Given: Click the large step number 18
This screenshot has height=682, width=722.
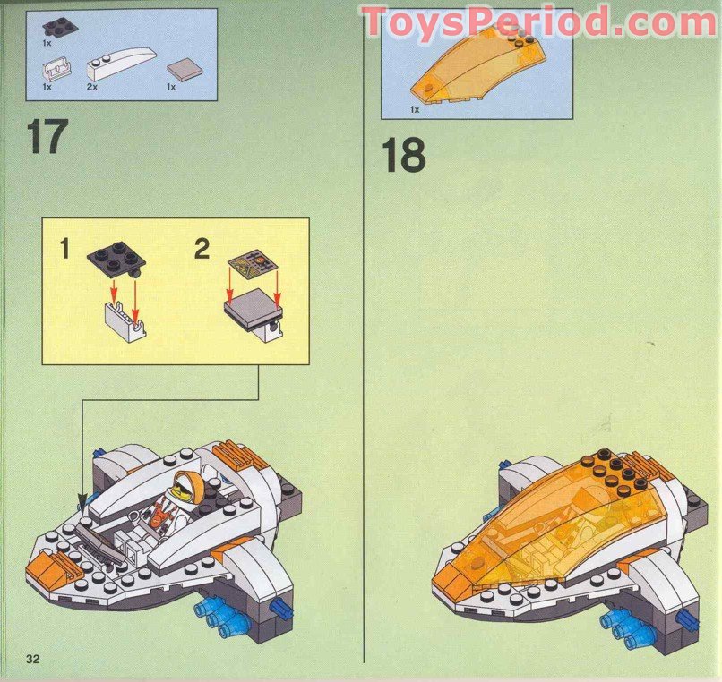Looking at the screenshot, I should tap(403, 155).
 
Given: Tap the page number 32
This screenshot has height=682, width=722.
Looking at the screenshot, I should tap(34, 660).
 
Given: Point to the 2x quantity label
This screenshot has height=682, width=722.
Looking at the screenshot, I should tap(92, 88).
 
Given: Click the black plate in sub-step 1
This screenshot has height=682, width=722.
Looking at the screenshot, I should tap(117, 260).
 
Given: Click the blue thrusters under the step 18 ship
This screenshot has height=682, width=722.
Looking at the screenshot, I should tap(628, 627).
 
